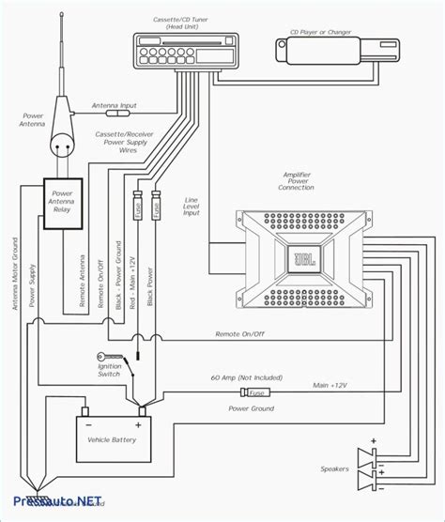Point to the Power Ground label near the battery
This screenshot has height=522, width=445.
[251, 408]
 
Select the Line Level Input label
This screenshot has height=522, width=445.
[191, 207]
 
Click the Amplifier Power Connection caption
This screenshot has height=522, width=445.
[297, 180]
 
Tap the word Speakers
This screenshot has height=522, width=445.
[335, 468]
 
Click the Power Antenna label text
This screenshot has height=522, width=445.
[33, 121]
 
